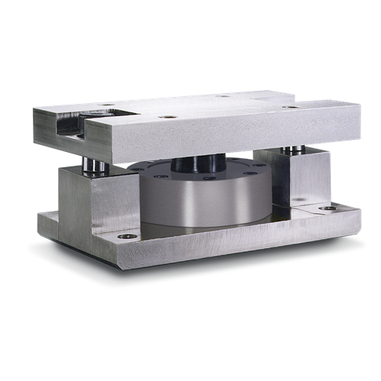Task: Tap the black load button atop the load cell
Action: (x=200, y=163)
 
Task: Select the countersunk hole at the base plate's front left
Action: (x=128, y=237)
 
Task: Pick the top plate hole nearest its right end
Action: (x=290, y=107)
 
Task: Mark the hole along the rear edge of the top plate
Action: (x=222, y=96)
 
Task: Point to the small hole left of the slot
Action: (x=108, y=105)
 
